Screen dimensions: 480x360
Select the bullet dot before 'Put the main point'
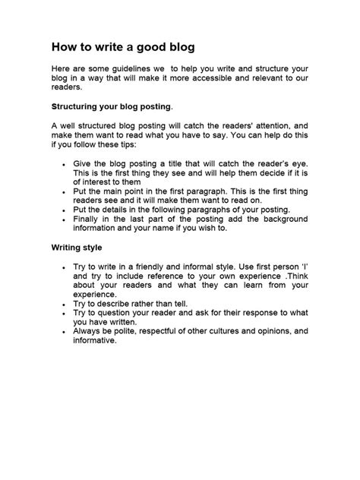[63, 194]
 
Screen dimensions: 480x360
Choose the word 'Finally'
[89, 219]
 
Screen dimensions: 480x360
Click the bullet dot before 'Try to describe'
[63, 303]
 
